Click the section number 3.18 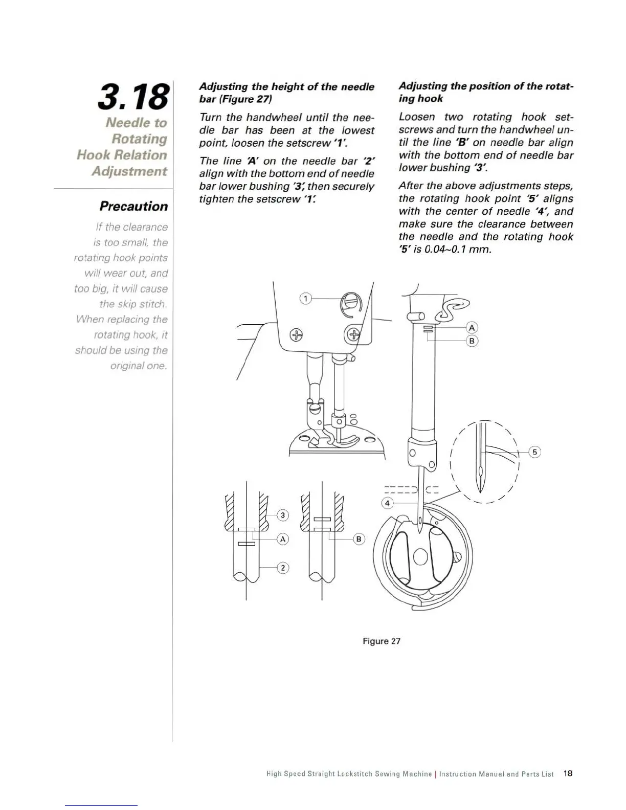coord(132,98)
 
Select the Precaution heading coord(133,207)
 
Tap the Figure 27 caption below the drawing coord(381,641)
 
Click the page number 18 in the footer coord(567,774)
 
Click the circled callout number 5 coord(534,452)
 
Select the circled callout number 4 coord(387,503)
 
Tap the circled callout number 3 coord(283,515)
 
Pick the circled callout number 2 coord(283,568)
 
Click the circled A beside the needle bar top coord(472,328)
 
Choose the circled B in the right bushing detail coord(359,539)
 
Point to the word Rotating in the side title coord(139,139)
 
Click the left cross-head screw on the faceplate coord(296,335)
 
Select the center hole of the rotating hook coord(420,556)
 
